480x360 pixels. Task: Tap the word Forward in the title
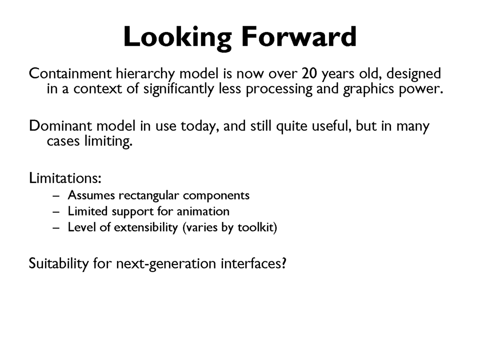pos(299,36)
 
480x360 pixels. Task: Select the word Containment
pos(70,73)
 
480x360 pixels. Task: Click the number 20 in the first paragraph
pos(309,73)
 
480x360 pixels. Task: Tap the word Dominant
pos(60,126)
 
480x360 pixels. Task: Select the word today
pos(200,127)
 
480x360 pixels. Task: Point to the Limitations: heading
pos(65,178)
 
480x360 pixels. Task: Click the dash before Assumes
pos(56,196)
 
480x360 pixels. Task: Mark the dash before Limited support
pos(56,212)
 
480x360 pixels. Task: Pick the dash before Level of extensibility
pos(56,228)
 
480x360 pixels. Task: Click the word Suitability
pos(59,264)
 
